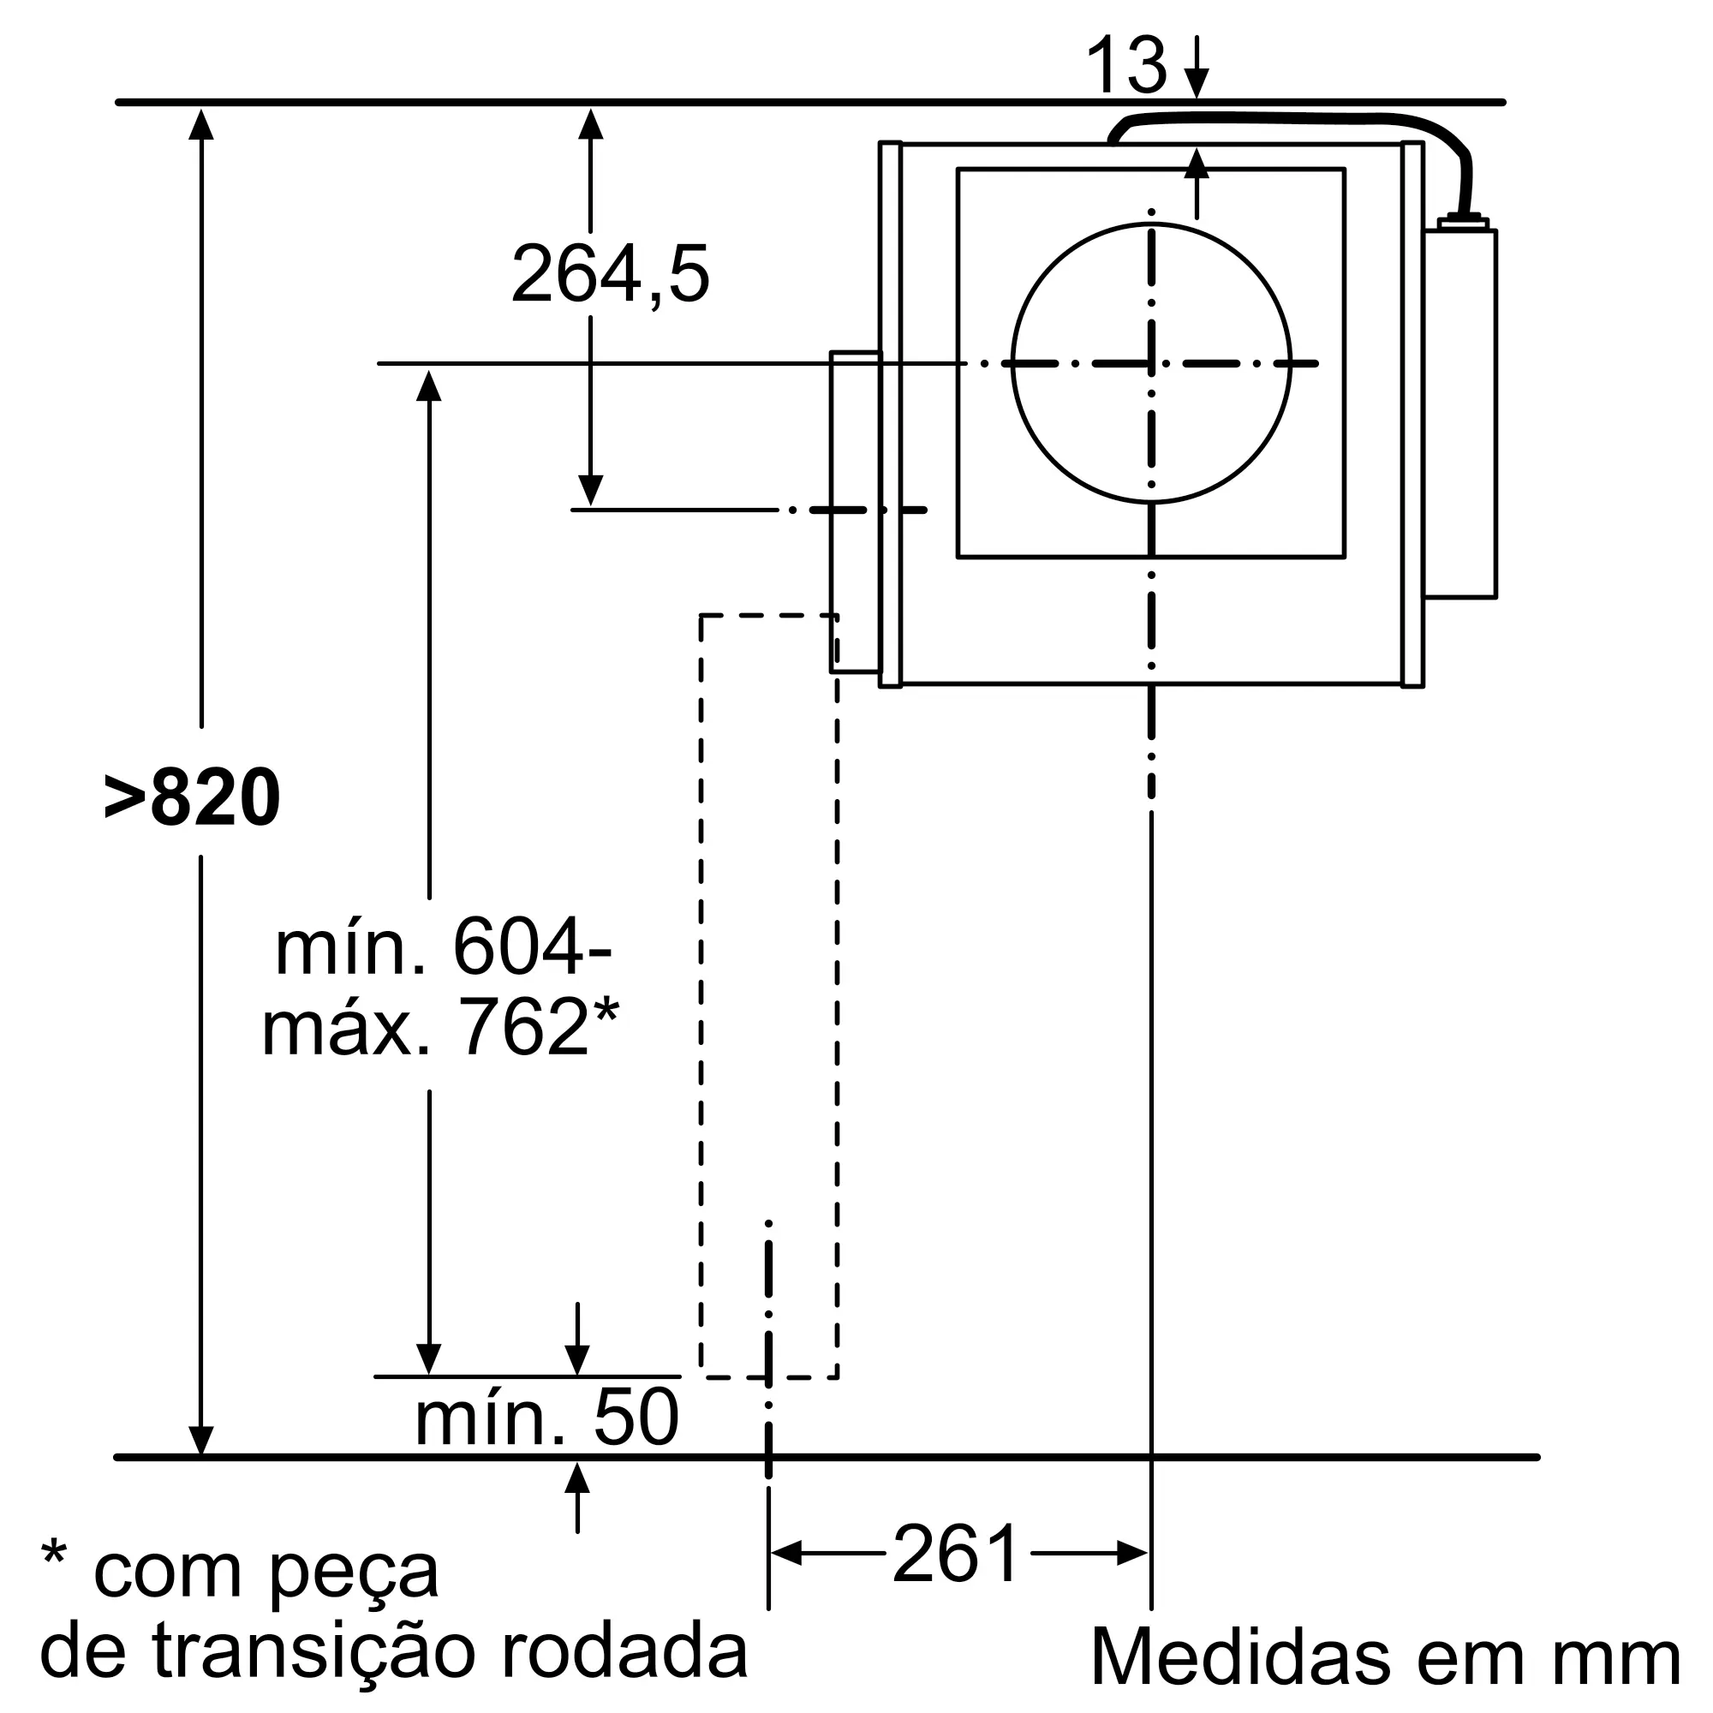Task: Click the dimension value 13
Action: [1125, 66]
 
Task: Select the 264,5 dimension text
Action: [610, 275]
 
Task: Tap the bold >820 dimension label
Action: [193, 799]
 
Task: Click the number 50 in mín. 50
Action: [635, 1418]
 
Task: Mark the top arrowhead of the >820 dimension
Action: [201, 123]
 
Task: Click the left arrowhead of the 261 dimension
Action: [785, 1554]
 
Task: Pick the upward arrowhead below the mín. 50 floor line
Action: [577, 1478]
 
